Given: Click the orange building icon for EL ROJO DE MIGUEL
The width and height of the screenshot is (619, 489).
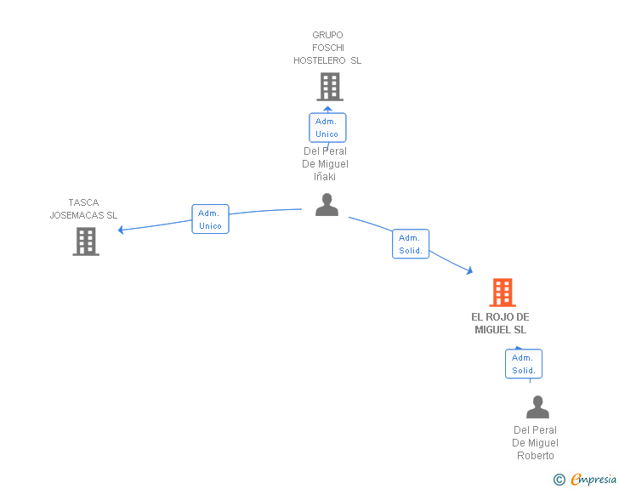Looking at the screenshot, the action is tap(503, 293).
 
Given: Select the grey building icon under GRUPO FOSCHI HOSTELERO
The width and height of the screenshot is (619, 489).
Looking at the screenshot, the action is tap(330, 87).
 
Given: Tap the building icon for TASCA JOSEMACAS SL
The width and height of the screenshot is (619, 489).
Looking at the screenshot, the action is tap(86, 242).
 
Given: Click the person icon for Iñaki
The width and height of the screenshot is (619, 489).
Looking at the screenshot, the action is tap(327, 205).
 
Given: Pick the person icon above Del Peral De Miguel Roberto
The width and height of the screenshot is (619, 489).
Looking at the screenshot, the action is tap(537, 407).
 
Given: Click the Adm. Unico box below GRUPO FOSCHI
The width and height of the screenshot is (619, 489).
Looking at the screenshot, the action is tap(327, 128).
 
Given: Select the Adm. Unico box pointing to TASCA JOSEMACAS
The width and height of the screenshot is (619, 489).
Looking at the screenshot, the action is tap(210, 219).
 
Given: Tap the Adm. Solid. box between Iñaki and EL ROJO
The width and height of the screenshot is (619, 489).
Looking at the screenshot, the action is tap(411, 244).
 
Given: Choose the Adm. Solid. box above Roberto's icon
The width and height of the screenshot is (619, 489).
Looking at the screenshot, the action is tap(524, 364).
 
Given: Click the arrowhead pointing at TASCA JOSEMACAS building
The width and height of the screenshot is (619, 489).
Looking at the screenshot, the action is tap(121, 230).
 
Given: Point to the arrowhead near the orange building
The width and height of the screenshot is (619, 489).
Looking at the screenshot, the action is tap(469, 270).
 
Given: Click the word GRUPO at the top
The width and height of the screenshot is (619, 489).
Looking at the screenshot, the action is tap(327, 35).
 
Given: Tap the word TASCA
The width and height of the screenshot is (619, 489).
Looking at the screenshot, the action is tap(83, 202).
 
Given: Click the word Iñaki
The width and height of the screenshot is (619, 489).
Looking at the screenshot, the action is tap(325, 177).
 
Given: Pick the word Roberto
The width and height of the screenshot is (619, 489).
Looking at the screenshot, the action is tap(536, 456).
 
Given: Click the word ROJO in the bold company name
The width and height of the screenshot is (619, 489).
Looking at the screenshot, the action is tap(499, 316).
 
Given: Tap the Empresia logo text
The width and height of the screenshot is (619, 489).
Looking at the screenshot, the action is tap(593, 479).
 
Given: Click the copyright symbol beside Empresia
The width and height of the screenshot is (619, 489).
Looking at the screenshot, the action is tap(559, 480).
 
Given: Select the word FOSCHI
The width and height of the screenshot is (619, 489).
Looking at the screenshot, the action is tap(328, 48).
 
